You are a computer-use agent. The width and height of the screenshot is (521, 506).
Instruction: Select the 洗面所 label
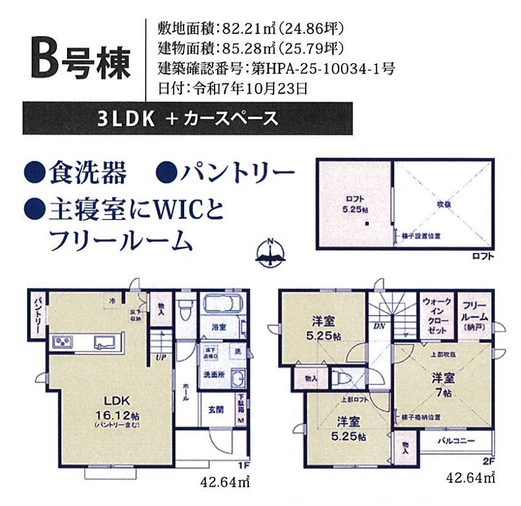[x=213, y=374]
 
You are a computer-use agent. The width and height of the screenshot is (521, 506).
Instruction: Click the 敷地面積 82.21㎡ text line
[x=253, y=28]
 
